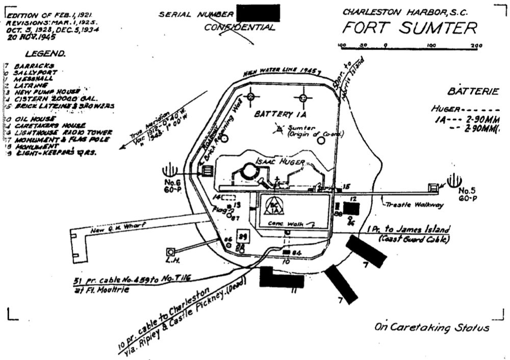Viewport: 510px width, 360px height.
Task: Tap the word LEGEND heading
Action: [x=45, y=53]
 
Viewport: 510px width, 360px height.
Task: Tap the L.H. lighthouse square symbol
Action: [x=170, y=252]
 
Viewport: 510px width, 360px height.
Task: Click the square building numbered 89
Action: [x=243, y=237]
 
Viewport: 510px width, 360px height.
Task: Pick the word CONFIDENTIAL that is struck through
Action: [x=239, y=27]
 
